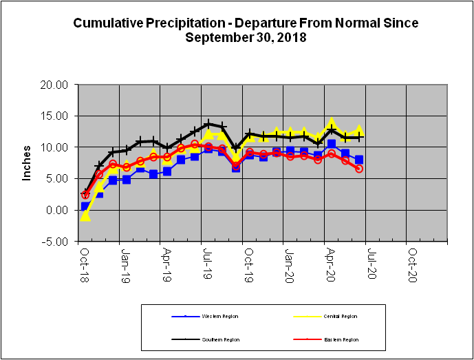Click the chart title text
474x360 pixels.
click(x=246, y=30)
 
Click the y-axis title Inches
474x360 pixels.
click(x=27, y=162)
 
